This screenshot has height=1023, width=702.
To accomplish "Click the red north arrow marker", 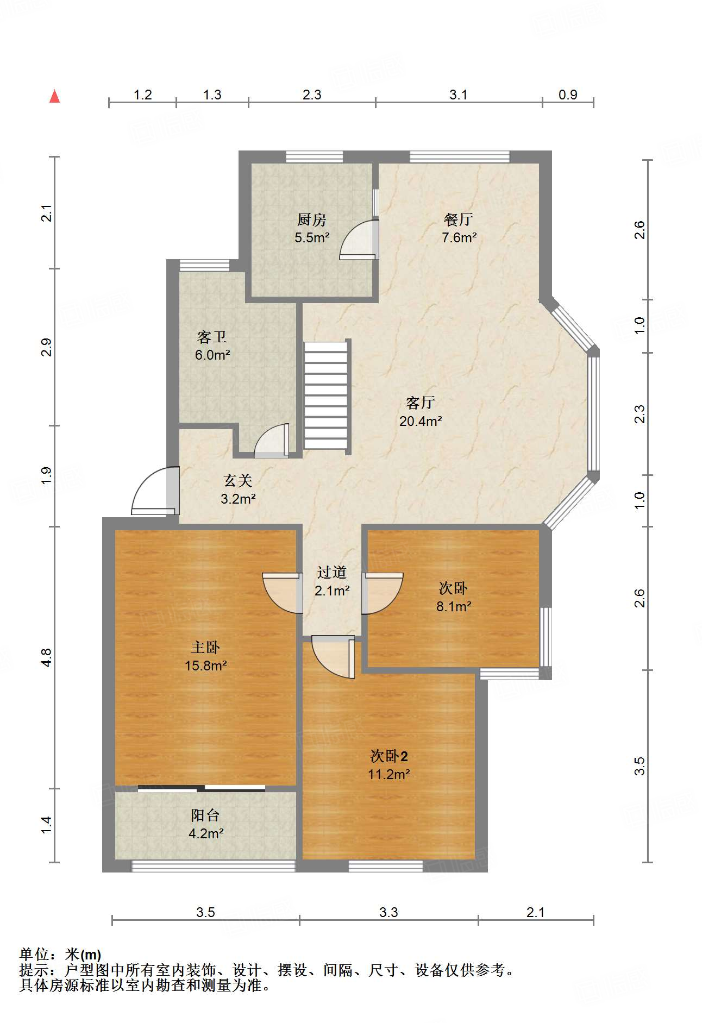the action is click(54, 96).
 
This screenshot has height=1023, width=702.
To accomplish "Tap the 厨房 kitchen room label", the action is click(312, 219).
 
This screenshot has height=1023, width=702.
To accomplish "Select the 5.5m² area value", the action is click(312, 237).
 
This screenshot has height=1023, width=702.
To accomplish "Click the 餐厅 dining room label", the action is click(459, 219).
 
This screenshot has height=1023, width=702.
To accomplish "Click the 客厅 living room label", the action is click(421, 403).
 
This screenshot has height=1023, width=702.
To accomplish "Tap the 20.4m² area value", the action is click(421, 421).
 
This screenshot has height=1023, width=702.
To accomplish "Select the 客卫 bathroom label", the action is click(212, 337).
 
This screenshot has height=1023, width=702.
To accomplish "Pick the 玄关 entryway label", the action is click(238, 481).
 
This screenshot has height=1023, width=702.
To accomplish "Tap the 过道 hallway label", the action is click(332, 572).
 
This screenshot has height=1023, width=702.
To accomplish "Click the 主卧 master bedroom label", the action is click(205, 647).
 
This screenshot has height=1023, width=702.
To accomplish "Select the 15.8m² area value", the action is click(205, 666).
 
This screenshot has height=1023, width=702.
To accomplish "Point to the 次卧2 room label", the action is click(389, 756).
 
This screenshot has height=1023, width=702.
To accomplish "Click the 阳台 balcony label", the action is click(205, 815).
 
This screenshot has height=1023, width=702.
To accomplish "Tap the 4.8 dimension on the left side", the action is click(47, 658).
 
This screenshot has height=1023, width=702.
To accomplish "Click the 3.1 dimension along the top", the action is click(459, 95).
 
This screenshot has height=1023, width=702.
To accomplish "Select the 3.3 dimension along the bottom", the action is click(388, 912).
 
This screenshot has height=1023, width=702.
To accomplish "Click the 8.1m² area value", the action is click(454, 606).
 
